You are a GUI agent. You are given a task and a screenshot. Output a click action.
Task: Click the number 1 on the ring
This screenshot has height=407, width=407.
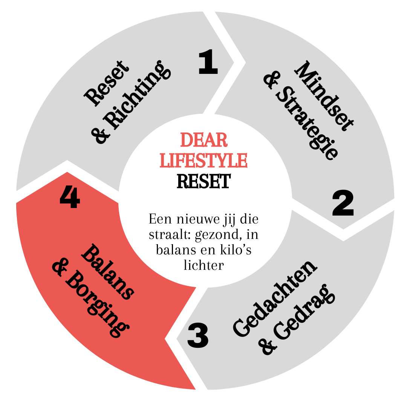click(208, 63)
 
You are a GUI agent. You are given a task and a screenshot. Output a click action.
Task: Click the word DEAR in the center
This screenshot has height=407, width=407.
click(204, 140)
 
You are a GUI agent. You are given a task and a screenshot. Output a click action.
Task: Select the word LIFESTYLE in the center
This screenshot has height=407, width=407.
click(203, 160)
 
